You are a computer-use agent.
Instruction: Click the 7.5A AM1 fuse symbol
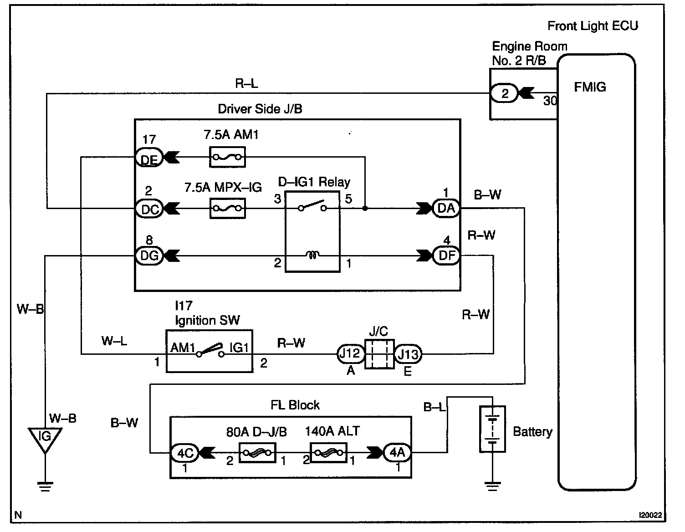(227, 157)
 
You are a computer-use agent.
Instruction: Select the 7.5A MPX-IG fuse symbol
(227, 208)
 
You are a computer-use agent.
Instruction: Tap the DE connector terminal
(149, 157)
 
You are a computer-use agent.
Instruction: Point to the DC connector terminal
(149, 209)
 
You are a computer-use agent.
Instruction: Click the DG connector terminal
(149, 255)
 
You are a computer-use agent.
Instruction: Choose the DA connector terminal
(446, 208)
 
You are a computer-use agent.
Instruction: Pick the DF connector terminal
(446, 255)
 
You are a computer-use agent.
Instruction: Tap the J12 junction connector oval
(351, 353)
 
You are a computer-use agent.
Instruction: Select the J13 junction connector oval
(408, 354)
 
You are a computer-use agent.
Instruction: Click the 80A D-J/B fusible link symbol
(257, 453)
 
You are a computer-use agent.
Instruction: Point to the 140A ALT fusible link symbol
(328, 453)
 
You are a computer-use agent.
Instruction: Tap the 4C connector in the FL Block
(185, 453)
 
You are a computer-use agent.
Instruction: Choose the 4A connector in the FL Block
(397, 453)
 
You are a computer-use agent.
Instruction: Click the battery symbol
(492, 429)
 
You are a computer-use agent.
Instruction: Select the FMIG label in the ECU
(590, 87)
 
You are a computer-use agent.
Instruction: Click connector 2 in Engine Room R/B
(504, 93)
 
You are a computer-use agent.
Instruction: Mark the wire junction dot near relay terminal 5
(365, 208)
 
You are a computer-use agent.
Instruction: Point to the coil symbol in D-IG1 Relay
(312, 254)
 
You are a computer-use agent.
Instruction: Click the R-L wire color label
(246, 83)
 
